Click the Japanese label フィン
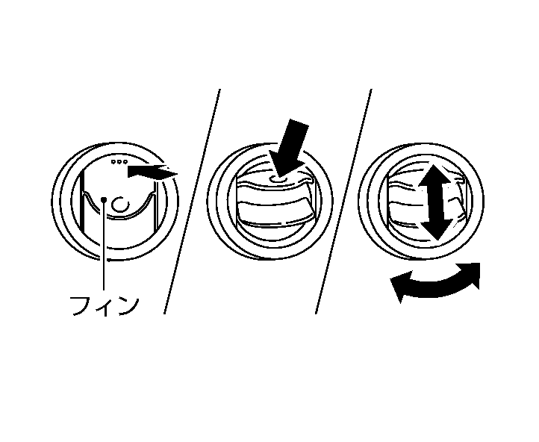[103, 305]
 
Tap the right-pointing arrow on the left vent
[152, 172]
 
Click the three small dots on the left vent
[119, 161]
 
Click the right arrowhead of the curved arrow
[472, 273]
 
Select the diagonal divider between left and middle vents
[192, 202]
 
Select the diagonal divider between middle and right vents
[344, 202]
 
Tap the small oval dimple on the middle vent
[278, 178]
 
